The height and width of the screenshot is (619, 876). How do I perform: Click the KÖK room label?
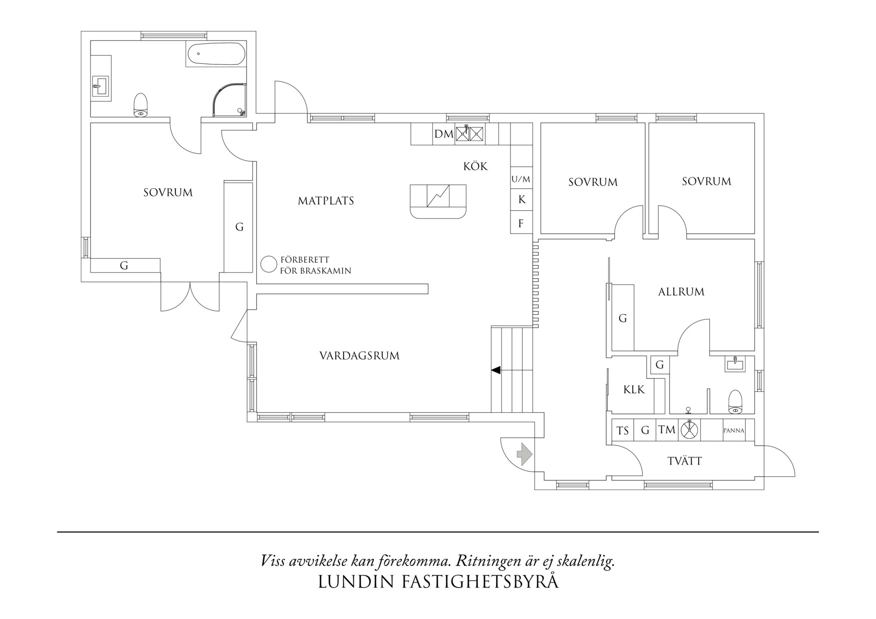point(475,166)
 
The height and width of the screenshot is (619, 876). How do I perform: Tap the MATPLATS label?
point(326,201)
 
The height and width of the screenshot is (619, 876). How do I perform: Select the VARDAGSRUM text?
point(359,356)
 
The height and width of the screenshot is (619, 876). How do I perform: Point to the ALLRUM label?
point(681,292)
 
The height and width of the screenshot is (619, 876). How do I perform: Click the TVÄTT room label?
point(684,461)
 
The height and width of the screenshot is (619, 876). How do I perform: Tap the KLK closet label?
point(634,389)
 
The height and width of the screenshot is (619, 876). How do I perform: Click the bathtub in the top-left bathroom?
point(216,53)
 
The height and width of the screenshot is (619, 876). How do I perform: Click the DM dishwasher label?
point(443,134)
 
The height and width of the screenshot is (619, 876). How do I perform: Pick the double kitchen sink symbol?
point(469,134)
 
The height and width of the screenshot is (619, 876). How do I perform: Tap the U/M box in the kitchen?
point(521,179)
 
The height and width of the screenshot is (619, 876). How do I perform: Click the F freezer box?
point(521,223)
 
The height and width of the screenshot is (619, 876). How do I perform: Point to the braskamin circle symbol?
point(269,264)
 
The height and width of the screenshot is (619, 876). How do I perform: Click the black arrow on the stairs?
point(496,370)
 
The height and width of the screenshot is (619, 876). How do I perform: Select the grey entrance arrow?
point(524,454)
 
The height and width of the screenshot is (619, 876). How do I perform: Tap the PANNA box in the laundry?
point(734,430)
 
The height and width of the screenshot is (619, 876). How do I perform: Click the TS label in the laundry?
point(622,430)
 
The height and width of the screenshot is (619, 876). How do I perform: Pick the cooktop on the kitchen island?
point(438,196)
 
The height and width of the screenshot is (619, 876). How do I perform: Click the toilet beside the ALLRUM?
point(735,402)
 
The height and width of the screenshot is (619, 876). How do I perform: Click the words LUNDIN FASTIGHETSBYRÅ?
point(438,582)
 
